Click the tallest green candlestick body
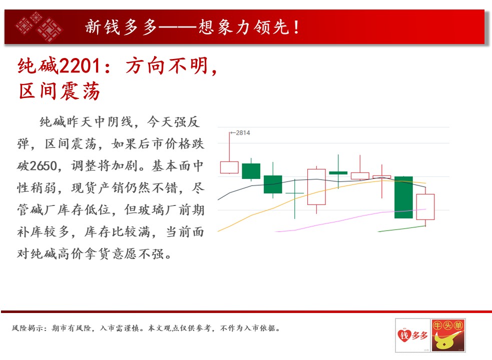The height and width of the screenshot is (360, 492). coord(403,197)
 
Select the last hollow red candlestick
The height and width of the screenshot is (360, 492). coord(425,207)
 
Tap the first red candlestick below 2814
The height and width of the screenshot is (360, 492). coord(229,167)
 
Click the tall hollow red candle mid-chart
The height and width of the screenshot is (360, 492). coord(316,187)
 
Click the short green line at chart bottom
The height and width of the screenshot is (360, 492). coord(402,228)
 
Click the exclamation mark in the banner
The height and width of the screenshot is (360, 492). coord(296,27)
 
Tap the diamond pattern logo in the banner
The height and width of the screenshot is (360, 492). coord(39,26)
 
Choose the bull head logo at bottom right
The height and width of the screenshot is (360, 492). coord(448,335)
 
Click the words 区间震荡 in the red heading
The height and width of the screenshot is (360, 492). coord(59,91)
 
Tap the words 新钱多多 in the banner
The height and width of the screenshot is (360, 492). coord(121,27)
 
